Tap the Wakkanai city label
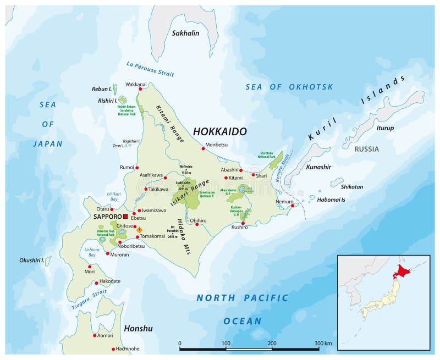[x=136, y=85]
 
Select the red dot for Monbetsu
[x=203, y=148]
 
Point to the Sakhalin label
[x=185, y=33]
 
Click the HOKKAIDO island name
[x=219, y=132]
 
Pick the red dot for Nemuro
[x=293, y=206]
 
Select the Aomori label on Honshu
[x=106, y=335]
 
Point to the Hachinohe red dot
[x=114, y=349]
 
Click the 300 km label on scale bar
[x=323, y=344]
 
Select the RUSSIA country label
[x=366, y=149]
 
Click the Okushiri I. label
[x=31, y=260]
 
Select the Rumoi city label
[x=127, y=167]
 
